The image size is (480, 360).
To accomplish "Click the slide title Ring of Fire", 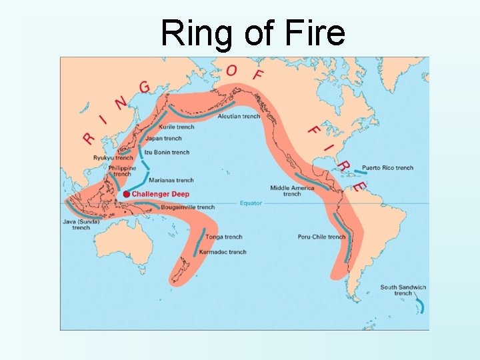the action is coord(253,33).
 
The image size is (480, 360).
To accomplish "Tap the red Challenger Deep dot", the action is coord(126,194).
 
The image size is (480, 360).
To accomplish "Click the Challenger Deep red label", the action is coord(161,194).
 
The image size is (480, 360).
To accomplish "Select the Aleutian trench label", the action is coord(239,117).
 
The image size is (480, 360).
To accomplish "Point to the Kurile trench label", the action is coord(177,127).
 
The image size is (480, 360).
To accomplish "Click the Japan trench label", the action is coord(163,139).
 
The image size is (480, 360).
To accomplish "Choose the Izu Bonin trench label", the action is coord(167,152).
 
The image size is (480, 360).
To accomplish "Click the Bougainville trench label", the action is coord(188,207).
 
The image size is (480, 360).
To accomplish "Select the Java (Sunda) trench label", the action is coord(81,224).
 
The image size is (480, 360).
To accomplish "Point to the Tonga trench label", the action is coord(224,237).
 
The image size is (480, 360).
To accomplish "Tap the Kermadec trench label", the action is coord(223,252).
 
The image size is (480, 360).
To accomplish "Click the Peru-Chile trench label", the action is coord(321,237).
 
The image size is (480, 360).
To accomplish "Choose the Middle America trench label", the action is coord(291,191).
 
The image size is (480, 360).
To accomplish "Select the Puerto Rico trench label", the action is coord(387,168).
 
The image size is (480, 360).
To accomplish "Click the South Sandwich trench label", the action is coord(403,290).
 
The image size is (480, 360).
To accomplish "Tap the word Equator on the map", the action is coord(252,203).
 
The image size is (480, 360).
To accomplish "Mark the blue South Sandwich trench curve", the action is coord(421,307).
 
